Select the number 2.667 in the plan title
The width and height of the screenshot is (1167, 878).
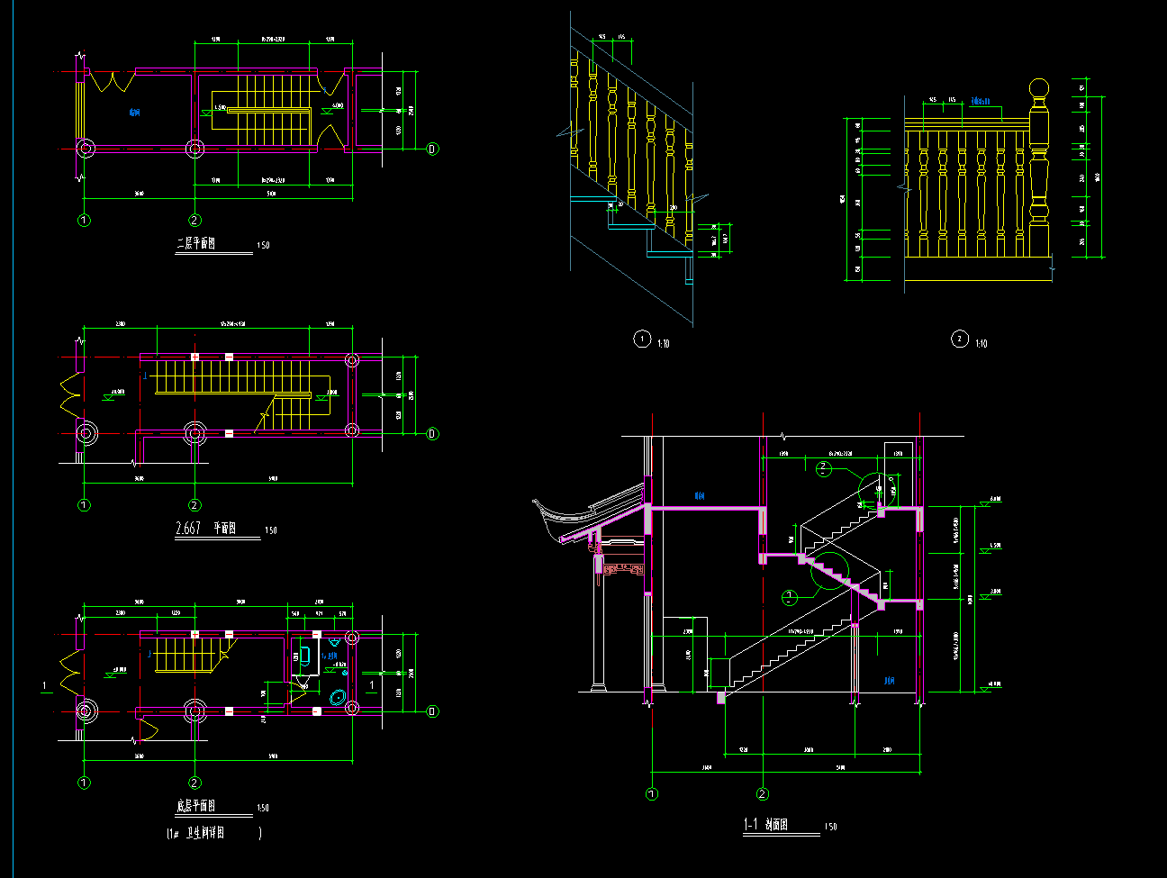click(x=187, y=529)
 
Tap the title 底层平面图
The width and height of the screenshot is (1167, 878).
click(x=195, y=806)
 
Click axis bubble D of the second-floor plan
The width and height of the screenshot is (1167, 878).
click(x=432, y=149)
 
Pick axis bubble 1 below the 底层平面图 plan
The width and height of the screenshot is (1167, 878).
click(x=84, y=783)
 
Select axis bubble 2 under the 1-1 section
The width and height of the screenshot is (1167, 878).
click(x=763, y=794)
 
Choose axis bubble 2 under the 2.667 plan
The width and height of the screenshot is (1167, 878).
click(x=194, y=505)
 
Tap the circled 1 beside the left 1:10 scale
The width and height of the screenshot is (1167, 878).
click(x=641, y=339)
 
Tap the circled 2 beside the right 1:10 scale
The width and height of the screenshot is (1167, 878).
click(x=959, y=339)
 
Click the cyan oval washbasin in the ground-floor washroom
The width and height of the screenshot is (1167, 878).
click(x=339, y=696)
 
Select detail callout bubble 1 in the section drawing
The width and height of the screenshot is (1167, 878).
click(x=790, y=597)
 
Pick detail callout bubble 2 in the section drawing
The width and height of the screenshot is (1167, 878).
click(x=822, y=468)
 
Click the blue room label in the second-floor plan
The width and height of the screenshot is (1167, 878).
click(x=134, y=113)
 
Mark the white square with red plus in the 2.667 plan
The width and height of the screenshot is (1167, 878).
click(x=194, y=358)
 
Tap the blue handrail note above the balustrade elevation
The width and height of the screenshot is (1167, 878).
click(x=982, y=101)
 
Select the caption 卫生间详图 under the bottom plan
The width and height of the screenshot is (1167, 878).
click(x=205, y=833)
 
